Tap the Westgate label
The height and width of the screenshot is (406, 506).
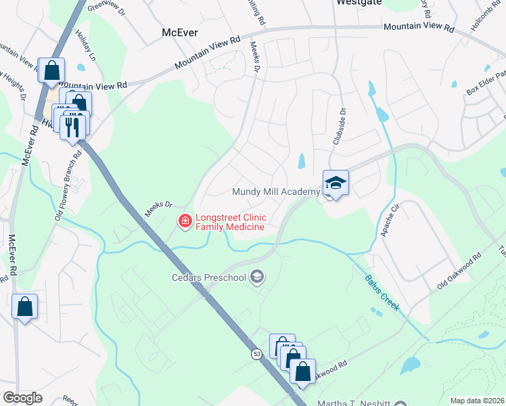click(x=359, y=3)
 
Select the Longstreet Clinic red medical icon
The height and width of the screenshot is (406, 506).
click(x=184, y=221)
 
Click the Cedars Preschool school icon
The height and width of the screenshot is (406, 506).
click(x=256, y=275)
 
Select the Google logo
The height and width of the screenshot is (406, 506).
click(x=22, y=397)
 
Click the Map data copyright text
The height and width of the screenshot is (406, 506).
click(x=477, y=401)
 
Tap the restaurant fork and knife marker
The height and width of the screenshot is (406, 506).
click(x=73, y=127)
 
